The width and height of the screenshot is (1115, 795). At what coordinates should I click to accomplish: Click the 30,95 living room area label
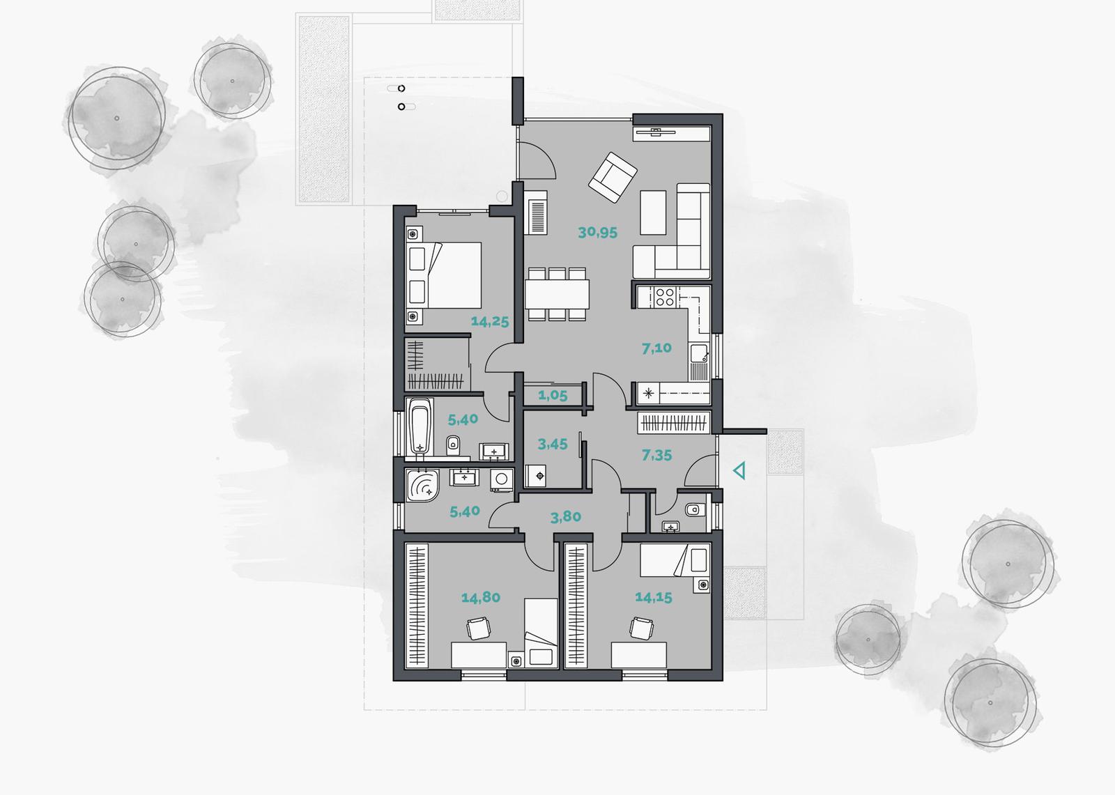pos(597,233)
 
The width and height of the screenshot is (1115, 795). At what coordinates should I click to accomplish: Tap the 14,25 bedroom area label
pos(490,322)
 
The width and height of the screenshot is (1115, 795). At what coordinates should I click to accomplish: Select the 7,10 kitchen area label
pos(656,348)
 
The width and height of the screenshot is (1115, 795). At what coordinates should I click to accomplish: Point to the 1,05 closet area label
pos(553,396)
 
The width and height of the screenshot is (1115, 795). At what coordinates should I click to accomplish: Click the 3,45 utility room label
pos(553,444)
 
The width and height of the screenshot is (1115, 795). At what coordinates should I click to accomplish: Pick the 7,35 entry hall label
pos(656,455)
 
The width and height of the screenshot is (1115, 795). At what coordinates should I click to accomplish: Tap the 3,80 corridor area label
pos(565,517)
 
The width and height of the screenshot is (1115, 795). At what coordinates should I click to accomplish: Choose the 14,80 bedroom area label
pos(480,597)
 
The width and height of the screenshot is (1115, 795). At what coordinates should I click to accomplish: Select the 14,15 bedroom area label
pos(654,597)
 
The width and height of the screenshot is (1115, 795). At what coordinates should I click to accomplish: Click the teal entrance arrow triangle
pos(740,470)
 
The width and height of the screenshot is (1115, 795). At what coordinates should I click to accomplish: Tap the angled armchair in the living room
pos(613,178)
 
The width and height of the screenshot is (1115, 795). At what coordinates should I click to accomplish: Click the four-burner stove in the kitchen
pos(665,298)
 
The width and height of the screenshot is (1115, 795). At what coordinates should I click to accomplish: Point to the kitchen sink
pos(700,353)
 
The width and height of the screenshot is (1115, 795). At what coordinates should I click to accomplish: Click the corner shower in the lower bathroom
pos(422,485)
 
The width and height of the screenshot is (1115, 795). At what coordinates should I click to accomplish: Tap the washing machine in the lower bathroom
pos(502,479)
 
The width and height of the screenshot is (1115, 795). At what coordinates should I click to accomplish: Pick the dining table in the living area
pos(557,294)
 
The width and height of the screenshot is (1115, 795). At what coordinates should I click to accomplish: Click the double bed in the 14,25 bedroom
pos(444,275)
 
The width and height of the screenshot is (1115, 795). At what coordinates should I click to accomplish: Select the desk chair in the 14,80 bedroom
pos(479,628)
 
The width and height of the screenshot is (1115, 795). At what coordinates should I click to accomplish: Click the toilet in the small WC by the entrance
pos(693,509)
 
